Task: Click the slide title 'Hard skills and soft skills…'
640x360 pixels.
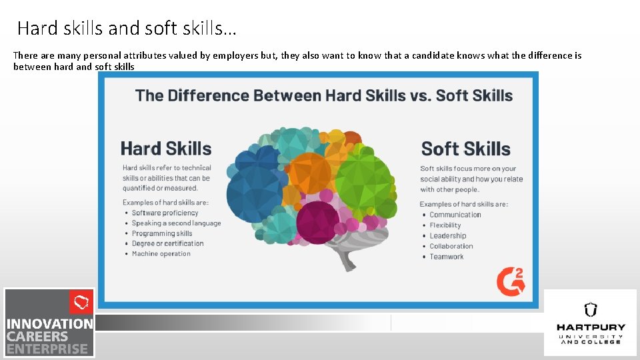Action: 127,29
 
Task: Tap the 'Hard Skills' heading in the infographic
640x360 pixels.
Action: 166,149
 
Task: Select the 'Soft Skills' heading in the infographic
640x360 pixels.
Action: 465,149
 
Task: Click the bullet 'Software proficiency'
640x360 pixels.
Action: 165,213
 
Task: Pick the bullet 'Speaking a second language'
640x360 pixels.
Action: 176,223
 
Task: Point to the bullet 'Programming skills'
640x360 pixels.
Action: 162,233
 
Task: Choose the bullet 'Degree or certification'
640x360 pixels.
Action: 167,243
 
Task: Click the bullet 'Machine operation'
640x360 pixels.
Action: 161,254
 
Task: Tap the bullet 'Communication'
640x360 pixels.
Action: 455,215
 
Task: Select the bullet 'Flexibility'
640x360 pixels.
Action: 445,225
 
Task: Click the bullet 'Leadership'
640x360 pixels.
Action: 447,236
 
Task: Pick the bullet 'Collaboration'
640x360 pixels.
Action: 451,246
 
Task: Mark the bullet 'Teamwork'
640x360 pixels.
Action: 446,257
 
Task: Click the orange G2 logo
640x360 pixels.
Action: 510,281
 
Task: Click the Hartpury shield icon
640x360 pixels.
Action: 590,309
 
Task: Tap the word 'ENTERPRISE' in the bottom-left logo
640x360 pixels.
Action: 47,349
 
